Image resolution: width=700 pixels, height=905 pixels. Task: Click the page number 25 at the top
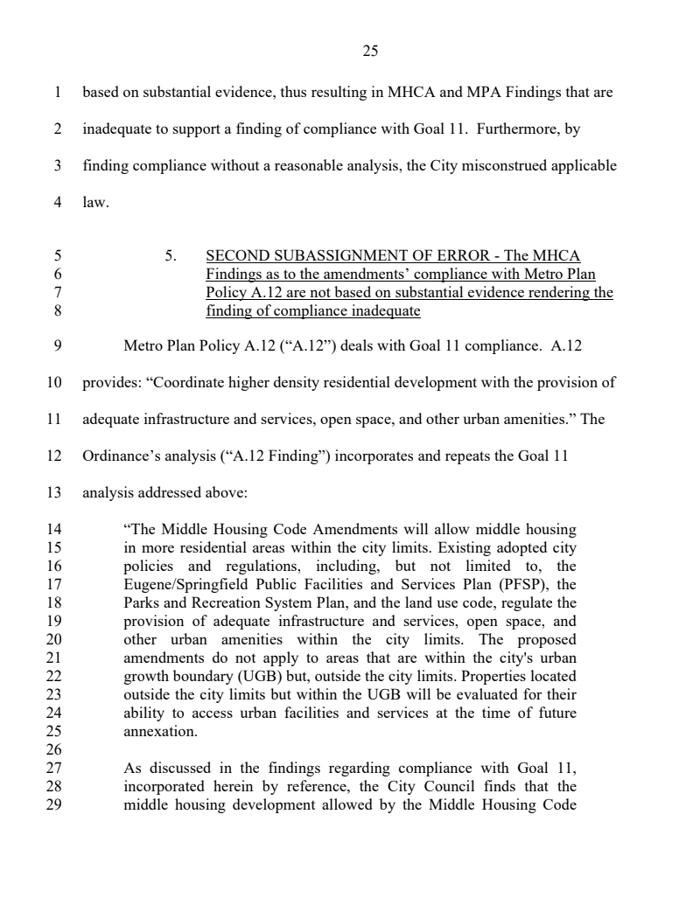click(369, 52)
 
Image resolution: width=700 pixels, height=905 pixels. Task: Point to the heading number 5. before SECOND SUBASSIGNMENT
click(171, 256)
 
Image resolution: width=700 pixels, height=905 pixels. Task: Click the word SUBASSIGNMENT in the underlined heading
click(334, 256)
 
